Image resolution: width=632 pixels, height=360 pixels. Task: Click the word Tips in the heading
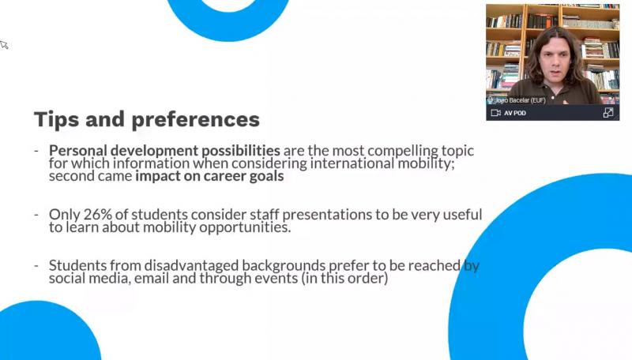[56, 119]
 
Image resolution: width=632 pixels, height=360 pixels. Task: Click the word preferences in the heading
[195, 119]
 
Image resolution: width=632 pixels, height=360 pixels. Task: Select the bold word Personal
[78, 151]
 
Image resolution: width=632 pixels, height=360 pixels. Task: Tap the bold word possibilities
[241, 151]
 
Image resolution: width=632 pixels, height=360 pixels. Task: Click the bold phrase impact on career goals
[209, 176]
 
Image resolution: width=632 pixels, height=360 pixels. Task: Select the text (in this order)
[344, 278]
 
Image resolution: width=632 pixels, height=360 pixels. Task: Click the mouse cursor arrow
[4, 44]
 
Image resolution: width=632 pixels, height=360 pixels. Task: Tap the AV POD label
[515, 113]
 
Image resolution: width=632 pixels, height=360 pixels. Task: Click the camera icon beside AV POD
[496, 113]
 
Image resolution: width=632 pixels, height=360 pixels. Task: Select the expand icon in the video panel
[608, 113]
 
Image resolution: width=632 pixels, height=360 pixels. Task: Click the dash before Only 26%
[36, 215]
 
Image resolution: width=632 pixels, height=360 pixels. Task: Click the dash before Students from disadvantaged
[36, 266]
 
